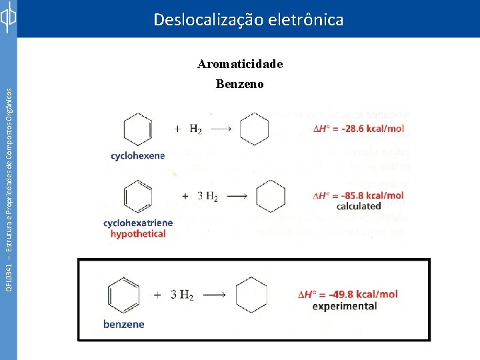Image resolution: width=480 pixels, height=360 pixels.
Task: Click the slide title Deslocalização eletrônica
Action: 248,20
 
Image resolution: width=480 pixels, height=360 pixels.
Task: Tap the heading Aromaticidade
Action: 240,64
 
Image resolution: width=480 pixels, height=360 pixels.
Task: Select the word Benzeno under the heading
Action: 240,84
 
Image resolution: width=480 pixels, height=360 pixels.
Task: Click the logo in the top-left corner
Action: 8,18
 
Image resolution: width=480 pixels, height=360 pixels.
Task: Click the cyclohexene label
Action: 137,156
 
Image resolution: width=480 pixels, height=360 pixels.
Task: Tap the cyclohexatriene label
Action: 138,223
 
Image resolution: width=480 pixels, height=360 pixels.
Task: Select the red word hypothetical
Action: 138,234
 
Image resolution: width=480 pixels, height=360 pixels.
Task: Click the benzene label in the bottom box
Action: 123,325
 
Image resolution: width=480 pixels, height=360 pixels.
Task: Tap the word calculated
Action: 359,207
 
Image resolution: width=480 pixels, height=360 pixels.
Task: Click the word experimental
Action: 345,307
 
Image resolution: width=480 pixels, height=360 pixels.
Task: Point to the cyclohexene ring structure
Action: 137,129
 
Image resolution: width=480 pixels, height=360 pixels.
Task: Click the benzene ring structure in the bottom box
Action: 123,295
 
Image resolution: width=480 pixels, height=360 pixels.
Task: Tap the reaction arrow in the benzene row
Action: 217,295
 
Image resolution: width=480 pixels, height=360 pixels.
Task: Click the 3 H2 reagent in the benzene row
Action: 182,295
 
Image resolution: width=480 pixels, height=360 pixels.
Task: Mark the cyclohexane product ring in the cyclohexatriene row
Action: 270,196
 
